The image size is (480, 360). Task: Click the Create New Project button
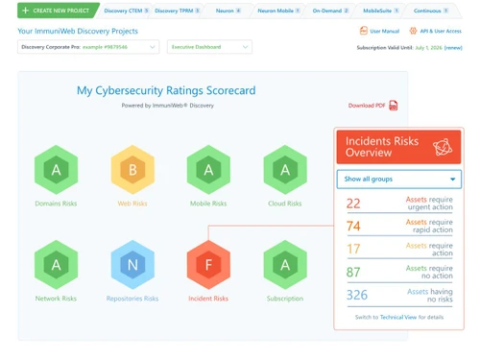click(57, 11)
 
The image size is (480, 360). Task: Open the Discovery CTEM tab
click(125, 11)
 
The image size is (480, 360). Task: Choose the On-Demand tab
click(328, 11)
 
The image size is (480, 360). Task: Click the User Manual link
click(383, 31)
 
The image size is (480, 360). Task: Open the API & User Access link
click(438, 31)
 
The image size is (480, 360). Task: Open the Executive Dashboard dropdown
click(209, 46)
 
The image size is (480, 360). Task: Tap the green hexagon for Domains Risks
click(57, 170)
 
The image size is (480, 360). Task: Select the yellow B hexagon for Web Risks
click(132, 170)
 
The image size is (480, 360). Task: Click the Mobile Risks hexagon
click(207, 170)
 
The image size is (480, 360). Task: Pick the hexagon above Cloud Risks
click(284, 170)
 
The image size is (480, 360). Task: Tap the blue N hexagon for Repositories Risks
click(132, 264)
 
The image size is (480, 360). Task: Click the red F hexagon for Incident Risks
click(207, 264)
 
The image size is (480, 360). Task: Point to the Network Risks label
click(57, 299)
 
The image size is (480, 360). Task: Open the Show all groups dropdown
click(398, 179)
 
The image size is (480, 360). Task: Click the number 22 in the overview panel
click(353, 204)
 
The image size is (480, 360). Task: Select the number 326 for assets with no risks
click(357, 295)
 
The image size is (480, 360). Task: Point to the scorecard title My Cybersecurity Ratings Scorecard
click(166, 90)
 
